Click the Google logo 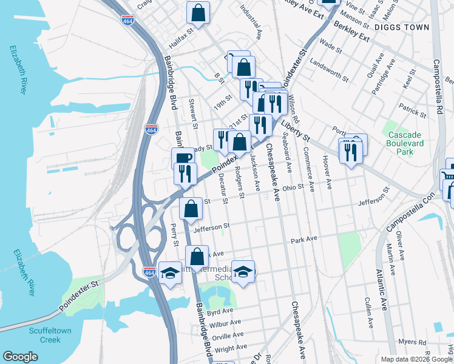pos(20,357)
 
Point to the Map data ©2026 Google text pos(416,359)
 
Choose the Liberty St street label pos(295,130)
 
